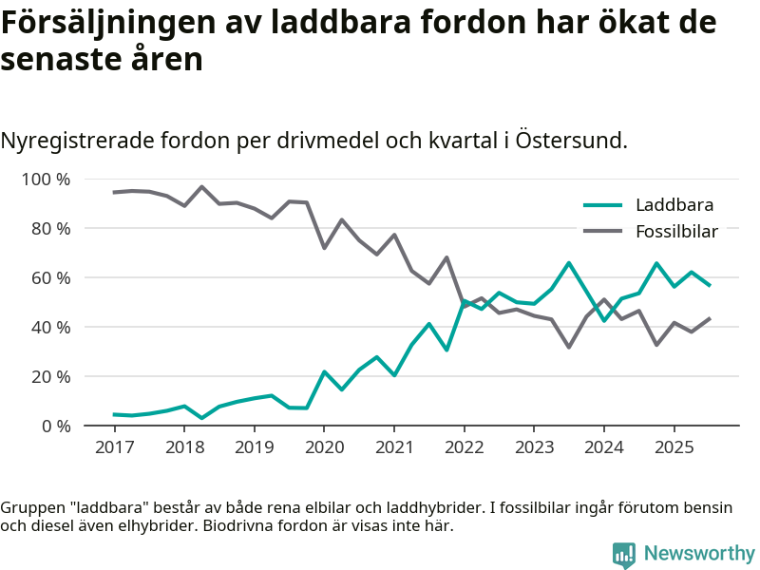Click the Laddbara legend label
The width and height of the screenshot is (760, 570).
674,204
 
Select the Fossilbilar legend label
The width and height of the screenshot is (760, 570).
676,231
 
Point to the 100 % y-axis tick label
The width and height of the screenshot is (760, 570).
47,180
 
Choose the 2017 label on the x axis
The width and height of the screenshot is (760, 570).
114,447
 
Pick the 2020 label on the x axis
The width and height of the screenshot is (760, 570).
324,447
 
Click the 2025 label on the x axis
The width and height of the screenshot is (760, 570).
674,447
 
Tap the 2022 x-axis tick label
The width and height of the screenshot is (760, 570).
464,447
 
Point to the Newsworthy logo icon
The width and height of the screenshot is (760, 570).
624,554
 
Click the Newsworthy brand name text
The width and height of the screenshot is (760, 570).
699,554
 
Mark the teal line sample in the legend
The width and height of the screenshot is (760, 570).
601,204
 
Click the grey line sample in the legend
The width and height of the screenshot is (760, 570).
601,231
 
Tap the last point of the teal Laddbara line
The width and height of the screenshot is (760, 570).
709,285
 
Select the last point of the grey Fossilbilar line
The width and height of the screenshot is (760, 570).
709,318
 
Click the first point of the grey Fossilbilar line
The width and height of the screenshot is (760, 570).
114,192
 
